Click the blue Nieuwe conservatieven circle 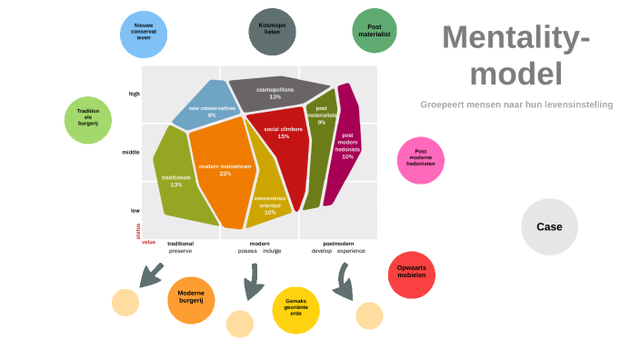pos(143,35)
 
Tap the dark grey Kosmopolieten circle pos(272,31)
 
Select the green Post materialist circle pos(374,31)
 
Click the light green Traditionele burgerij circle pos(88,120)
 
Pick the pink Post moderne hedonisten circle pos(420,160)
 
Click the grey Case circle pos(549,226)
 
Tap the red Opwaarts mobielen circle pos(411,275)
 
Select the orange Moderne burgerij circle pos(191,300)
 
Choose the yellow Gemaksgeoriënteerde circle pos(295,310)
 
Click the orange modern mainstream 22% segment pos(218,173)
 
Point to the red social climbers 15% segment pos(282,145)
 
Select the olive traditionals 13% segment pos(175,182)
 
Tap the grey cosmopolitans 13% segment pos(275,94)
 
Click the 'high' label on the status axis pos(135,94)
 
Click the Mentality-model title pos(515,55)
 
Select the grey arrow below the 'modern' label pos(252,282)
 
